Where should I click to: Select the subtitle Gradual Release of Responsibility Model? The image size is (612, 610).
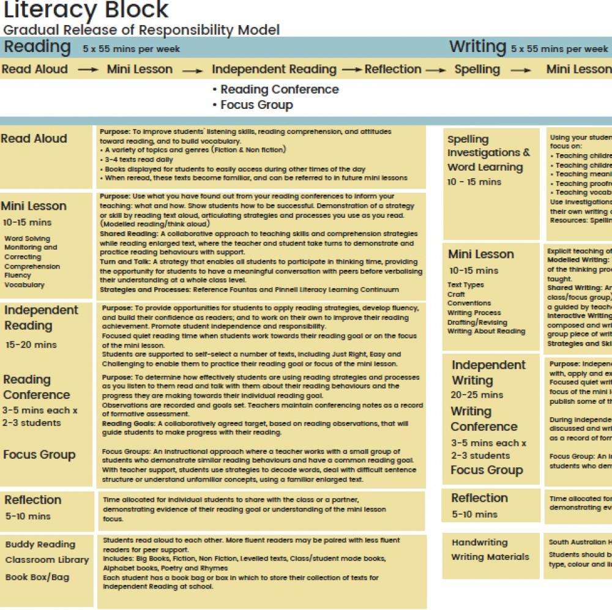(141, 29)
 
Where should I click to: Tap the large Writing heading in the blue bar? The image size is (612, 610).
(477, 47)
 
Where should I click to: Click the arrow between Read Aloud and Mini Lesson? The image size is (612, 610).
(88, 70)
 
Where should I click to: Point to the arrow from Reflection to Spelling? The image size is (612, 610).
(436, 70)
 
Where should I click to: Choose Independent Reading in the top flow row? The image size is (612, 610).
(274, 69)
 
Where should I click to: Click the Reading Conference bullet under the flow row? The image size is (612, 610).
(279, 89)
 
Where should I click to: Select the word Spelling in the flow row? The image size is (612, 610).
(477, 69)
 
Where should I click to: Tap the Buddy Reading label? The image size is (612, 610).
(40, 545)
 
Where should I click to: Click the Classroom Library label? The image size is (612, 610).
(47, 560)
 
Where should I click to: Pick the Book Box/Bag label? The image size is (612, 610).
(37, 577)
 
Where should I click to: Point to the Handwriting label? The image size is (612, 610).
(480, 542)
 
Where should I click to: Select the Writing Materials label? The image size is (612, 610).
(490, 557)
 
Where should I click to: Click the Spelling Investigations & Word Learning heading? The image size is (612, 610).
(488, 153)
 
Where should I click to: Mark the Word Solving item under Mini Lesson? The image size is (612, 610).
(28, 239)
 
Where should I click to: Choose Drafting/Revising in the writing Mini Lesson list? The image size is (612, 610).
(477, 322)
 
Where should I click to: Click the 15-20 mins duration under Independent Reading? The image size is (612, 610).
(31, 344)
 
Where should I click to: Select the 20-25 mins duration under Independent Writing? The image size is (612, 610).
(477, 395)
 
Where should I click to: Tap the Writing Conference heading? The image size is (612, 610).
(484, 419)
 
